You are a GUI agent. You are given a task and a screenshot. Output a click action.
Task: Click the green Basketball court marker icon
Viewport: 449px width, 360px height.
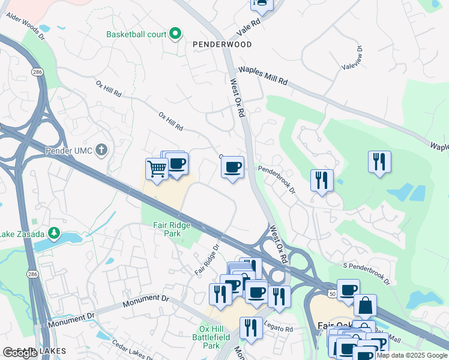pos(175,34)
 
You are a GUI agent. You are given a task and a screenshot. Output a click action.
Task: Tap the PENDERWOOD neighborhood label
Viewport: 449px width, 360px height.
pos(222,44)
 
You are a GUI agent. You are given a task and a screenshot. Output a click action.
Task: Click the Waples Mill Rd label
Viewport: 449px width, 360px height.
pos(263,76)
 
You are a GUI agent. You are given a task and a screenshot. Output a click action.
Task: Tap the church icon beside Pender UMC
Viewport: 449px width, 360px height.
pos(102,149)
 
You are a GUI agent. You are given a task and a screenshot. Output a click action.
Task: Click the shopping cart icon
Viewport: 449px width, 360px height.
pos(157,169)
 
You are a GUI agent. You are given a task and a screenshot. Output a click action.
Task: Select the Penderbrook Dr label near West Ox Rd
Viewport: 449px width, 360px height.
pos(277,179)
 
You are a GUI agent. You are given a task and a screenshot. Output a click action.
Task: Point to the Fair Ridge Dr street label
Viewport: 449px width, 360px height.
pos(207,259)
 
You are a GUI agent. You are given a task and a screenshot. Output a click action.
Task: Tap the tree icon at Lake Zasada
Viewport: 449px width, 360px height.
pos(55,233)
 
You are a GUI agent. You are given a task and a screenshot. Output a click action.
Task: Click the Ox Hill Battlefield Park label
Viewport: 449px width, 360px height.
pos(219,337)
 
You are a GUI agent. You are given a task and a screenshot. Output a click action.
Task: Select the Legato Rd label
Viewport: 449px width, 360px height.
pos(280,329)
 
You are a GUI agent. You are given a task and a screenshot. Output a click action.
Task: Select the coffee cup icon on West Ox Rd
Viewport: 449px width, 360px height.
pos(233,167)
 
